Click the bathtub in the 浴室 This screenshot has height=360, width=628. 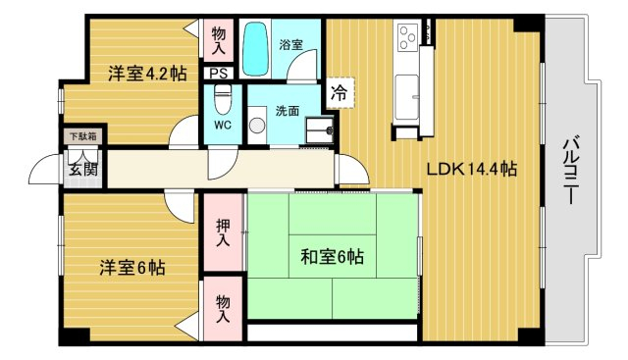pos(255,49)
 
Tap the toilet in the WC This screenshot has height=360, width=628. pos(223,99)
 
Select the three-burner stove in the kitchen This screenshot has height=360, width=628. pos(408,37)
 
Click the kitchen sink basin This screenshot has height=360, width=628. pos(406,95)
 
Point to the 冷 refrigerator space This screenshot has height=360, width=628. pos(340,93)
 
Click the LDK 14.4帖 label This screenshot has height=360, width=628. pos(471,170)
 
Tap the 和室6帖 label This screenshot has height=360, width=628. pos(332,256)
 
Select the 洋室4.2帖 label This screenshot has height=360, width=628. pos(147,74)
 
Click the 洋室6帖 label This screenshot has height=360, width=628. pos(132,268)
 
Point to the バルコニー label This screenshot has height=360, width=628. pos(570,171)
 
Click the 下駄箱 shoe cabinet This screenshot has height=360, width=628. pos(82,136)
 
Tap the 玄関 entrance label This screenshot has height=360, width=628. pos(83,169)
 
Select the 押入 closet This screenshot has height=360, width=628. pos(223,232)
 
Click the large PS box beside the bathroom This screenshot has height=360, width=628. pos(219,74)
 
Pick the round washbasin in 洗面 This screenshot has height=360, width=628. pos(257,126)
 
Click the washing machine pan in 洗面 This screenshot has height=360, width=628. pos(320,130)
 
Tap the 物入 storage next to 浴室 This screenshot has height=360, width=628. pos(219,40)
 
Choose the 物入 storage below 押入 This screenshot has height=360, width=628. pos(223,309)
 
